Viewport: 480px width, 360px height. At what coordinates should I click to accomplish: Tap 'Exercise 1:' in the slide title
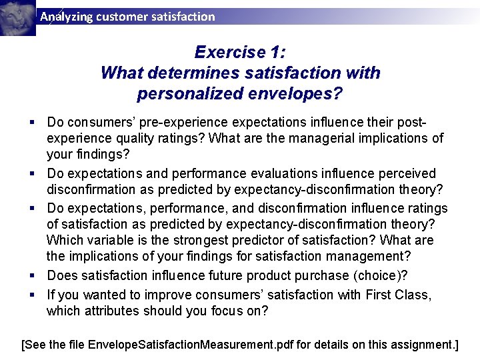tap(240, 52)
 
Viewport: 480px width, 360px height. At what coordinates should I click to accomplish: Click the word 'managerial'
tap(311, 139)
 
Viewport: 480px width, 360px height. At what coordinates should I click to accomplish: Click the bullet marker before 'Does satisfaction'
tap(32, 275)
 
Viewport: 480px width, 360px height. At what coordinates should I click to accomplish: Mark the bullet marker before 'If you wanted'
tap(32, 294)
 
